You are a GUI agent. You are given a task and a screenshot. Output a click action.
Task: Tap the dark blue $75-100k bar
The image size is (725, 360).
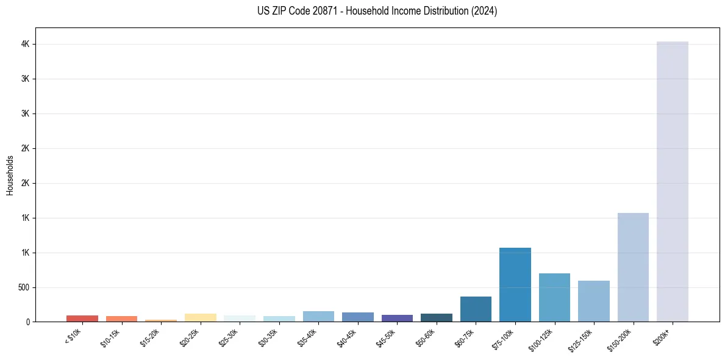(515, 284)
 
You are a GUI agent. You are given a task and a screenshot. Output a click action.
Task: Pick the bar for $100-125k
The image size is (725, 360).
(554, 297)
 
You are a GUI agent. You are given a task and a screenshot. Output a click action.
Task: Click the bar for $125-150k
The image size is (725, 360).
(593, 301)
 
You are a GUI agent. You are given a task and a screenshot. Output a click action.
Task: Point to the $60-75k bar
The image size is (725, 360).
(476, 309)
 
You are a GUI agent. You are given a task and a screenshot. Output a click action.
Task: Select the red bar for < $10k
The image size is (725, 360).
(82, 319)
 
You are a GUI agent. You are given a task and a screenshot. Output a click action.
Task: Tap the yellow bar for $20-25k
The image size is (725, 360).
(200, 317)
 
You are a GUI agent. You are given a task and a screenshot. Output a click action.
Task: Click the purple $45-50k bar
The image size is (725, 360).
(397, 318)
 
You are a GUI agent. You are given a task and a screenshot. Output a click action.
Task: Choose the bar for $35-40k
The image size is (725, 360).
(318, 316)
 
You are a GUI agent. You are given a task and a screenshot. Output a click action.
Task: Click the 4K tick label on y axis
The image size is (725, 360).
(25, 45)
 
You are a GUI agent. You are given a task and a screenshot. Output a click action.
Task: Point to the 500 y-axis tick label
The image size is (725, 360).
(23, 287)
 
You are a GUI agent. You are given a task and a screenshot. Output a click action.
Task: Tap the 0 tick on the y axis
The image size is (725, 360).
(28, 322)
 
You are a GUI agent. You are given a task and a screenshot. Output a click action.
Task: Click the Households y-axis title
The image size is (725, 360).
(10, 175)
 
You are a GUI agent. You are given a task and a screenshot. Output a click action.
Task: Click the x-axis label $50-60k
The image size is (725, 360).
(426, 337)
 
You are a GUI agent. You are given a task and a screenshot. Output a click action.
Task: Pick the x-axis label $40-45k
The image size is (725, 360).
(347, 337)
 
